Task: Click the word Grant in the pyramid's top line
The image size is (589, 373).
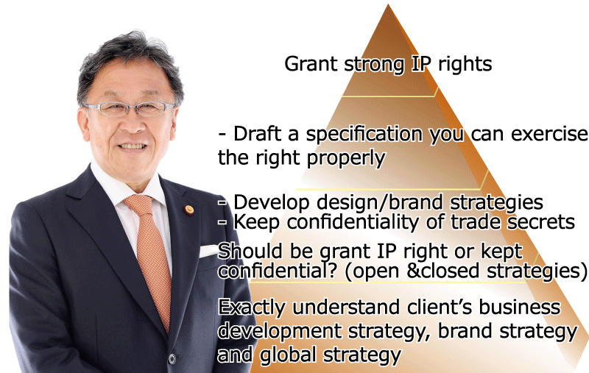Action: click(x=311, y=64)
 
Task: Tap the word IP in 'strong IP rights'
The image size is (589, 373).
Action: click(x=421, y=64)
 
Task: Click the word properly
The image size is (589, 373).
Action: click(x=346, y=158)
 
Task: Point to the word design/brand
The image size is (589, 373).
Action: click(x=380, y=202)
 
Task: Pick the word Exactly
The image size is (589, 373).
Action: click(x=252, y=308)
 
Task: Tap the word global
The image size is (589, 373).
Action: click(x=288, y=355)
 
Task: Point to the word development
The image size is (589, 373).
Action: click(x=280, y=332)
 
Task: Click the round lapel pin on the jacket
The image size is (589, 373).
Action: click(x=189, y=210)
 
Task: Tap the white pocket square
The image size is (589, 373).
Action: click(x=209, y=251)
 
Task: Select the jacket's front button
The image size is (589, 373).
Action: click(x=172, y=359)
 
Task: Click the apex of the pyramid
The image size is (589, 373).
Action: click(x=389, y=4)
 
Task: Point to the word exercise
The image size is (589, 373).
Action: click(x=549, y=134)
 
